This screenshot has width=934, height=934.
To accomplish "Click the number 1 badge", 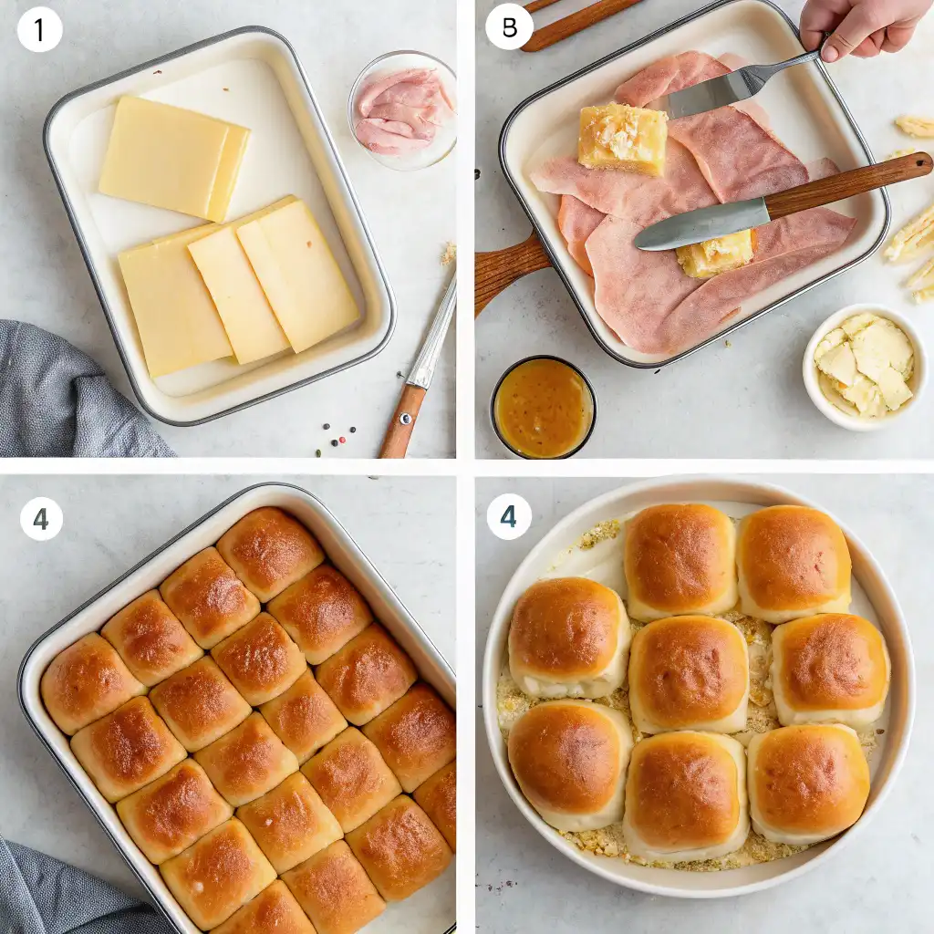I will (39, 29).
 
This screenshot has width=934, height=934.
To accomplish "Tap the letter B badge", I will (509, 27).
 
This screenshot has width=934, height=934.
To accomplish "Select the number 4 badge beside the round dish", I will (508, 517).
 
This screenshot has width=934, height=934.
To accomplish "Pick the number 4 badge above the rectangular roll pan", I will (41, 519).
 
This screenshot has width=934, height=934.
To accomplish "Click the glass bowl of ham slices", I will (402, 110).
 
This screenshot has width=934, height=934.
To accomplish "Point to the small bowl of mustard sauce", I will (543, 408).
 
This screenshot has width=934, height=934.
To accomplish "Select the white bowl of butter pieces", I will (864, 366).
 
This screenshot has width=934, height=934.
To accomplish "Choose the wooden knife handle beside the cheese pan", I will (403, 420).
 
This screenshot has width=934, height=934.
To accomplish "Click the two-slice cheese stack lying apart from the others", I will (173, 157).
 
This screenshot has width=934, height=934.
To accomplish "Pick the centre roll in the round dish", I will (689, 673).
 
